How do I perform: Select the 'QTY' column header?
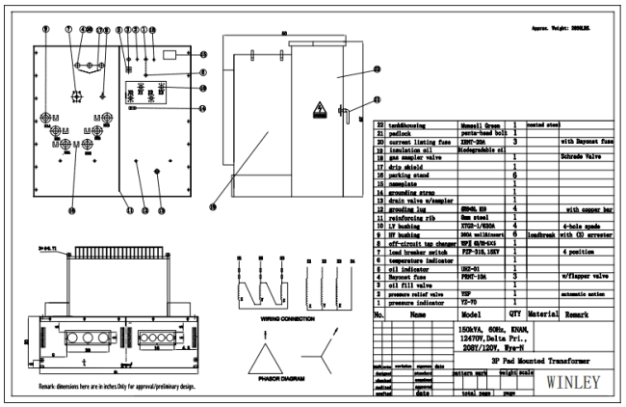click(x=515, y=313)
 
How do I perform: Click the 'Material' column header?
click(x=540, y=313)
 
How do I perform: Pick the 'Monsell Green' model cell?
click(x=477, y=125)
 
